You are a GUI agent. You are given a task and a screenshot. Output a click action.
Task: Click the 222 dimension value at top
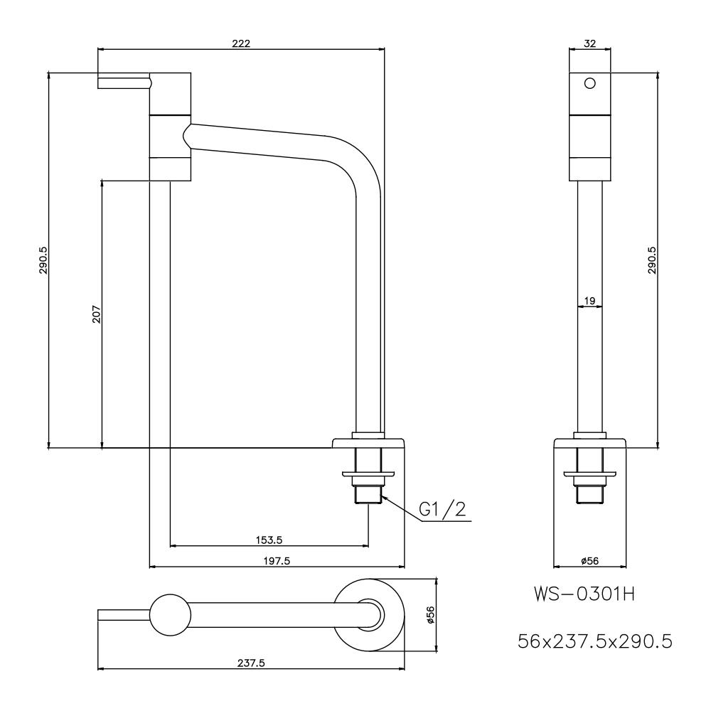coord(241,43)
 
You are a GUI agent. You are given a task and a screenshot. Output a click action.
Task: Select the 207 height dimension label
coord(97,314)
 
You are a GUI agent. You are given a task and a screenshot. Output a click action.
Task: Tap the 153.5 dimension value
coord(269,540)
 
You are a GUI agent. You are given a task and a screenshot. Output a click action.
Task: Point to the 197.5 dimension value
coord(277,561)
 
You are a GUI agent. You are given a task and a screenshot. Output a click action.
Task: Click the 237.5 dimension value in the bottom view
coord(251,663)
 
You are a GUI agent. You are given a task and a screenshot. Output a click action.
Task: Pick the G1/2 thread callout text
coord(442,510)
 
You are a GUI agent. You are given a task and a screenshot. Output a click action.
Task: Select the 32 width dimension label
coord(589,43)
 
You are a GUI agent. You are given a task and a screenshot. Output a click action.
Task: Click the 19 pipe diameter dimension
coord(589,301)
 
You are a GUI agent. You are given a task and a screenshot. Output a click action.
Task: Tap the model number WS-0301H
coord(584,594)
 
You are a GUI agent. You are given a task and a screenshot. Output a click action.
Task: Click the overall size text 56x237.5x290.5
coord(595,641)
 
